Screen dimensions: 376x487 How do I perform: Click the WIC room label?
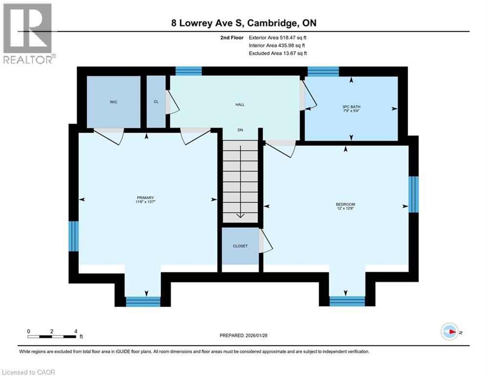[x=113, y=102]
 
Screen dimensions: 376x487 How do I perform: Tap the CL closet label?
[x=156, y=102]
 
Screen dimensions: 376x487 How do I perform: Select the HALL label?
[x=240, y=105]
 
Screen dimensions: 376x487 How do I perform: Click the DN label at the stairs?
[x=240, y=130]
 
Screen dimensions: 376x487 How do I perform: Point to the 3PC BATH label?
[x=350, y=108]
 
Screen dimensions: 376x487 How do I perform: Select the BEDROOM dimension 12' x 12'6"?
[x=345, y=208]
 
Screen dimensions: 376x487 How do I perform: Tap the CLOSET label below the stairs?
[x=240, y=246]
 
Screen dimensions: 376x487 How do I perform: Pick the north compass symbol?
[x=449, y=331]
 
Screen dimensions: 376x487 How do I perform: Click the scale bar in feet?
[x=52, y=336]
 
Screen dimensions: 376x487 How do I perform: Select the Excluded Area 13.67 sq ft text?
[x=278, y=53]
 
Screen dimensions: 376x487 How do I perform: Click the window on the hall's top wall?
[x=188, y=71]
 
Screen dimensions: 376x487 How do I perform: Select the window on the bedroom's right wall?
[x=414, y=194]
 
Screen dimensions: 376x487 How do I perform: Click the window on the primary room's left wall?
[x=73, y=236]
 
